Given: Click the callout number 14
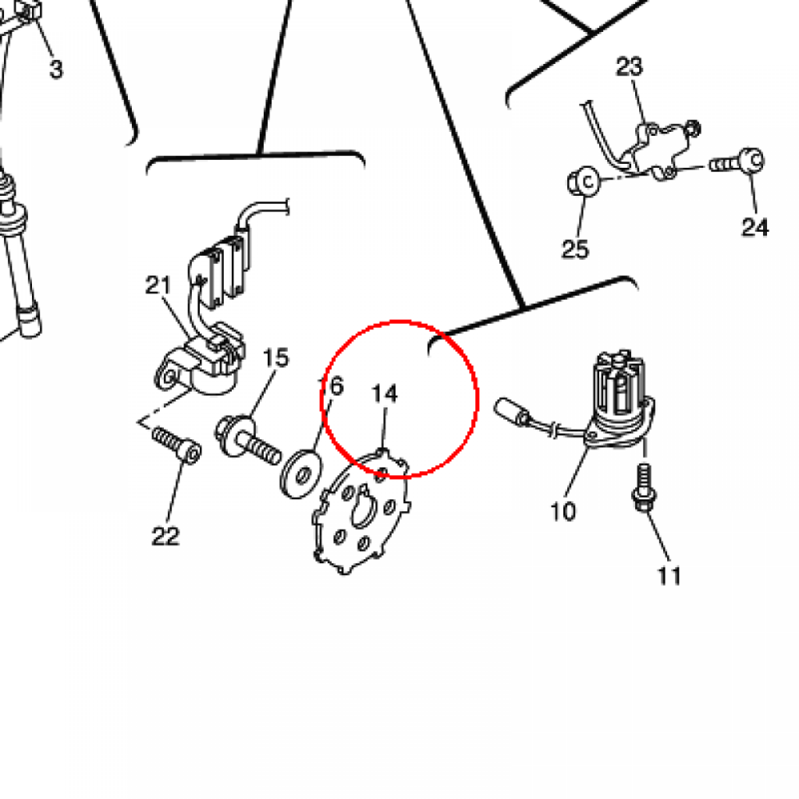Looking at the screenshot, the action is (385, 394).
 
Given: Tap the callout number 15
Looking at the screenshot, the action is (276, 357).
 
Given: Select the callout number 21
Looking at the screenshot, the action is (158, 286).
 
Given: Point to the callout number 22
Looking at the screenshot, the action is (165, 536).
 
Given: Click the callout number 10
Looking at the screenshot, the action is (563, 511).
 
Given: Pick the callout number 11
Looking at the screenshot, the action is (669, 577).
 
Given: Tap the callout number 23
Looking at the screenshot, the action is (630, 67).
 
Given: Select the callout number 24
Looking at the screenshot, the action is (755, 227).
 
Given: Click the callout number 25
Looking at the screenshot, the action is (575, 249).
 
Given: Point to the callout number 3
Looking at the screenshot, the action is (56, 69).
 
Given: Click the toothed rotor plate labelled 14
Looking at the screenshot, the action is (360, 512).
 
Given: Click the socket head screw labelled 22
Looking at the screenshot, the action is (177, 444).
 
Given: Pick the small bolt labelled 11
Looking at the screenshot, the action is (644, 487).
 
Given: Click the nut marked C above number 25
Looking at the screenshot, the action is (584, 181).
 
